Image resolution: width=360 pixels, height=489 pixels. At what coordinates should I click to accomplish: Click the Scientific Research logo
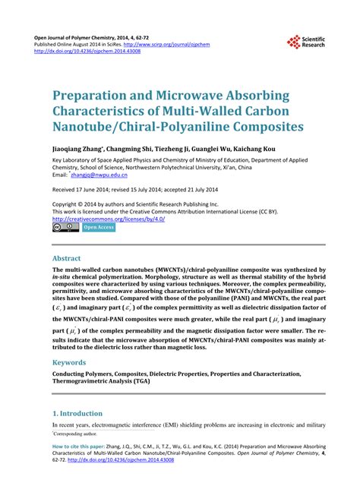305,43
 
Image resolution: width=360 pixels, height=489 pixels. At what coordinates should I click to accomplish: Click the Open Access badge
99,226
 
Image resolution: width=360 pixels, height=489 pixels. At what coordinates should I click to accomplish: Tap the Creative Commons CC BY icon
65,226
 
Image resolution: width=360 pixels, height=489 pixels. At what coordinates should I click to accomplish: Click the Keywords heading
74,363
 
